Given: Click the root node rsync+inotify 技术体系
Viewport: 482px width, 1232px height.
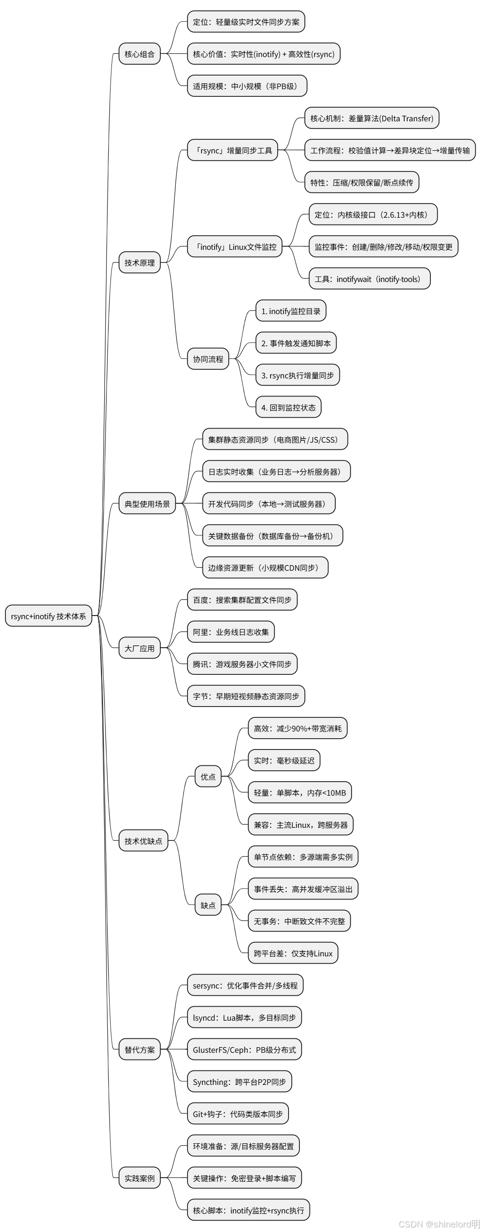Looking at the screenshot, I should click(48, 616).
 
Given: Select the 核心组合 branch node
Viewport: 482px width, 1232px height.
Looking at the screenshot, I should click(139, 54).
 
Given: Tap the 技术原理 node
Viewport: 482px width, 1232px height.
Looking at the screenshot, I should click(139, 263).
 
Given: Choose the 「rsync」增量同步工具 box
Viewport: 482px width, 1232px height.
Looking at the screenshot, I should click(233, 151).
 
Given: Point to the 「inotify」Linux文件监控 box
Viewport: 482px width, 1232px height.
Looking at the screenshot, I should click(235, 247).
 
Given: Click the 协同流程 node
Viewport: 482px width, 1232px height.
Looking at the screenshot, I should click(208, 359).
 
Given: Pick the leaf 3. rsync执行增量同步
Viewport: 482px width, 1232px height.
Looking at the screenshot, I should click(297, 375).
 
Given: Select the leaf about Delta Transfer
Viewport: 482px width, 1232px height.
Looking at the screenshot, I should click(371, 118).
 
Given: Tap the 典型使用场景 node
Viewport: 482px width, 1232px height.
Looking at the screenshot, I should click(147, 504).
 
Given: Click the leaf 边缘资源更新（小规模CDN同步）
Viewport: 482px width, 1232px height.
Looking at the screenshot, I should click(265, 568).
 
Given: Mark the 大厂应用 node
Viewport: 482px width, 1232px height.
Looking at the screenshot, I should click(139, 649).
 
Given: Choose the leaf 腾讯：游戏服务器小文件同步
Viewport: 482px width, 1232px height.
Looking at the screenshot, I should click(242, 664).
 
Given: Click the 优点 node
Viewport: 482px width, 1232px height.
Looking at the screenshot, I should click(208, 777).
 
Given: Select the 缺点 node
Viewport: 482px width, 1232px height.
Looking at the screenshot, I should click(208, 905).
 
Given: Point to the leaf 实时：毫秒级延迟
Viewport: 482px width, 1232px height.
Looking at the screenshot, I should click(284, 760).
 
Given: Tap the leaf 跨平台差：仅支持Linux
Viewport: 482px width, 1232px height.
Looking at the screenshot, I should click(293, 953).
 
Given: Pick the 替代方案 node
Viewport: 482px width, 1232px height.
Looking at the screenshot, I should click(139, 1050).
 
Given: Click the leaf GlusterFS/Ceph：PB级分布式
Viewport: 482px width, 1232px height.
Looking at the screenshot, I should click(244, 1050).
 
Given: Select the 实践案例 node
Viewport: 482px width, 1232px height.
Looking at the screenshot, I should click(139, 1178).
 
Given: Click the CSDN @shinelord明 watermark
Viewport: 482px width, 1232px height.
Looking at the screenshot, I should click(439, 1224).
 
